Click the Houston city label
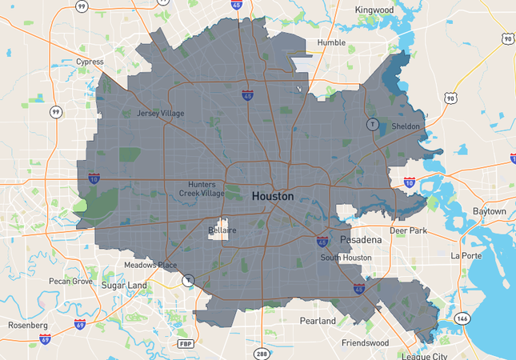272,196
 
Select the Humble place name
330,42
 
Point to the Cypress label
90,62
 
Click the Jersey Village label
160,114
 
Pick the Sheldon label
405,126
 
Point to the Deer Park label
408,230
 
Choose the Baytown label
489,211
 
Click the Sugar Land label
123,285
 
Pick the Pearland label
318,321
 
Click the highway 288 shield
262,353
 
